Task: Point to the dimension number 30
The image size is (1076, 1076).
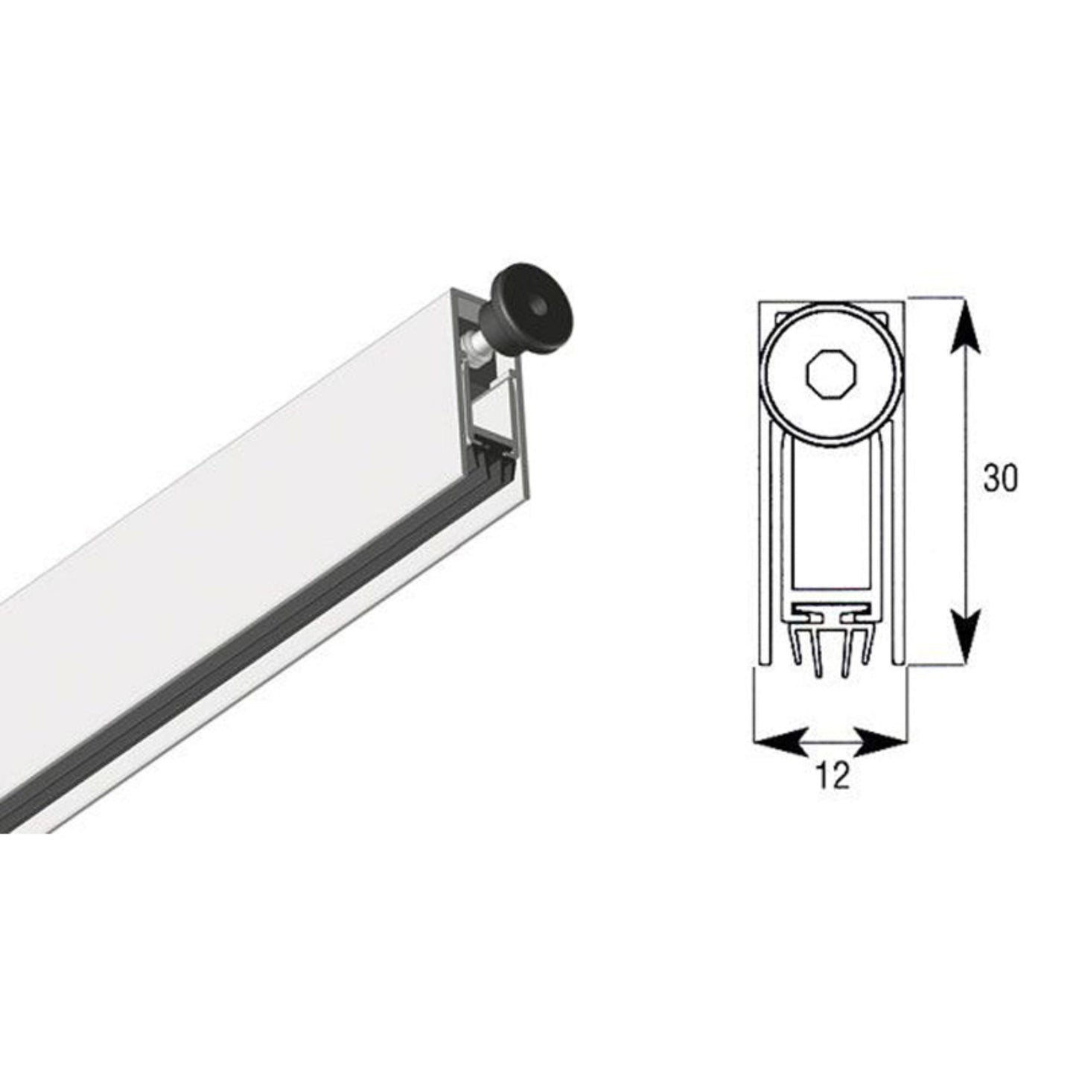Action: tap(999, 480)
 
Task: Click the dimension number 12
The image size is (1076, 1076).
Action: tap(833, 777)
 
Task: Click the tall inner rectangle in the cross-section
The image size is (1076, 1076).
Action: tap(832, 521)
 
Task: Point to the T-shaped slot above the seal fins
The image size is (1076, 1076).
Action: tap(832, 614)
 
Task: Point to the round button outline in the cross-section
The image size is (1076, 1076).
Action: tap(766, 372)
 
